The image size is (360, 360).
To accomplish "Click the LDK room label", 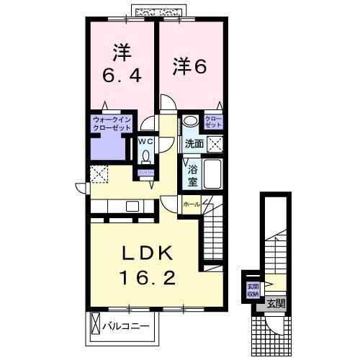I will [144, 253].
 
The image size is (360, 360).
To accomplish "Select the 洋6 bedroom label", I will [189, 66].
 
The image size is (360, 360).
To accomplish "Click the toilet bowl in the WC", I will [146, 154].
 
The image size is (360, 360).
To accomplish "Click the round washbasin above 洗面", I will [192, 122].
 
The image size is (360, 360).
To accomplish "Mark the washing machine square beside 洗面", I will [215, 142].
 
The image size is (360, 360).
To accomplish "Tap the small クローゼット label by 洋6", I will [214, 122].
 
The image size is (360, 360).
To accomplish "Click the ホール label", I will [191, 204].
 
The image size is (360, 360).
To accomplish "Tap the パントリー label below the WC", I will [144, 173].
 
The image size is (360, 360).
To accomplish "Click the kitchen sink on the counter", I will [132, 206].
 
